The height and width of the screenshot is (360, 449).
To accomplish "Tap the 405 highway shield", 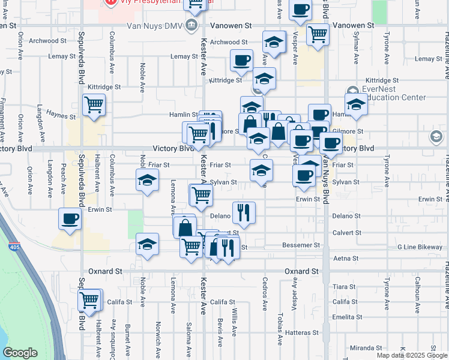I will [14, 247].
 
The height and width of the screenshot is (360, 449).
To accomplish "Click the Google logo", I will [20, 353].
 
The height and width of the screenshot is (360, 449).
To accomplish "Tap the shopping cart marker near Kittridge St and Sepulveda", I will [94, 104].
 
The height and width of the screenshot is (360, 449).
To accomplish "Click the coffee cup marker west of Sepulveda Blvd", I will [70, 218].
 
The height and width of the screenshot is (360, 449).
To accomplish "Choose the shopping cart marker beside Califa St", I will [90, 299].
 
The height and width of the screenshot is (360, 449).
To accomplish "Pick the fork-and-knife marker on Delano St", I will [244, 211].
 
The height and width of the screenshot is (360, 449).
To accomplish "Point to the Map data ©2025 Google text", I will [411, 355].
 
